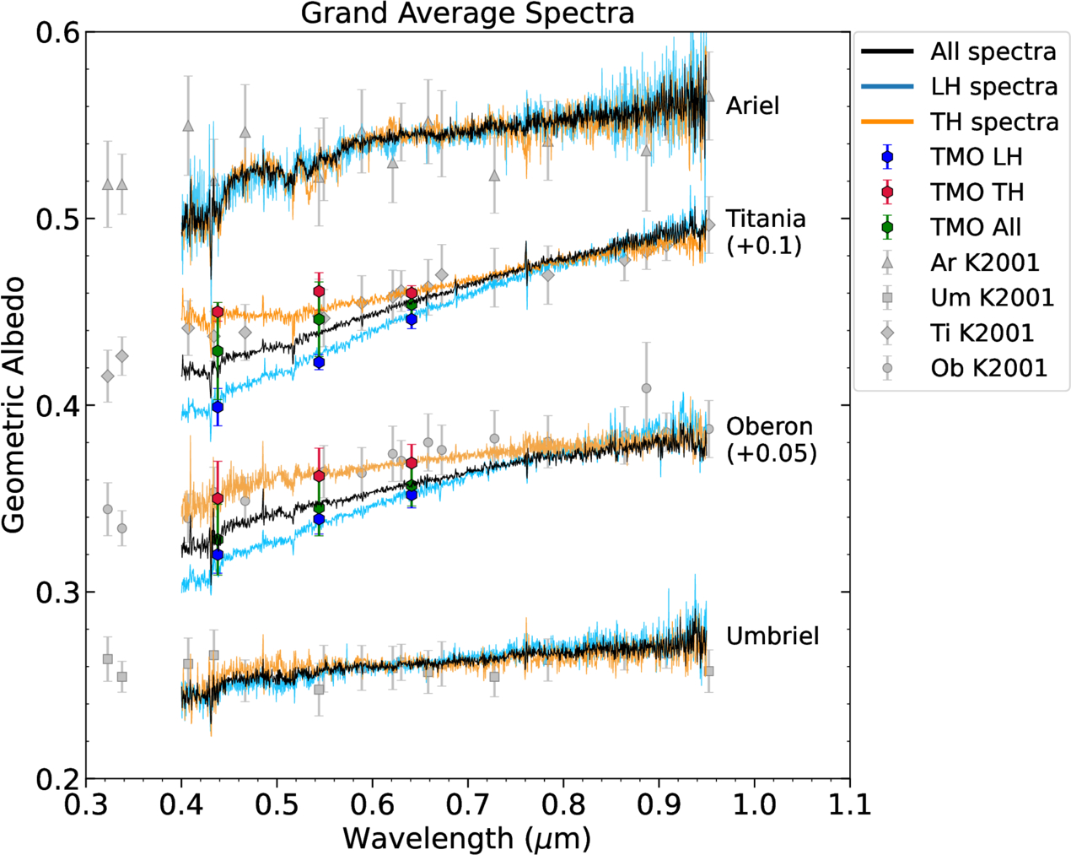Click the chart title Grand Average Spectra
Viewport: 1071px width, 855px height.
pos(467,14)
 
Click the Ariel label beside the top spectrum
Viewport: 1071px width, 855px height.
pos(752,106)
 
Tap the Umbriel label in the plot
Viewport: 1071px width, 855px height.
pos(772,636)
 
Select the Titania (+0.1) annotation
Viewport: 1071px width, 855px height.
pos(765,232)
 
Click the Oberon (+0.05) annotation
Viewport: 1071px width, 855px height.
pos(771,440)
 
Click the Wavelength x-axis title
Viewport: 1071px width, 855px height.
pos(466,838)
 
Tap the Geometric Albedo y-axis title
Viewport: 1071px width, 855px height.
pos(13,405)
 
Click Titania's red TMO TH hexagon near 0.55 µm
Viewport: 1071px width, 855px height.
pos(319,291)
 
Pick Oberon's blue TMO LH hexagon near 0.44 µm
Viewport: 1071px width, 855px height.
pos(218,555)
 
